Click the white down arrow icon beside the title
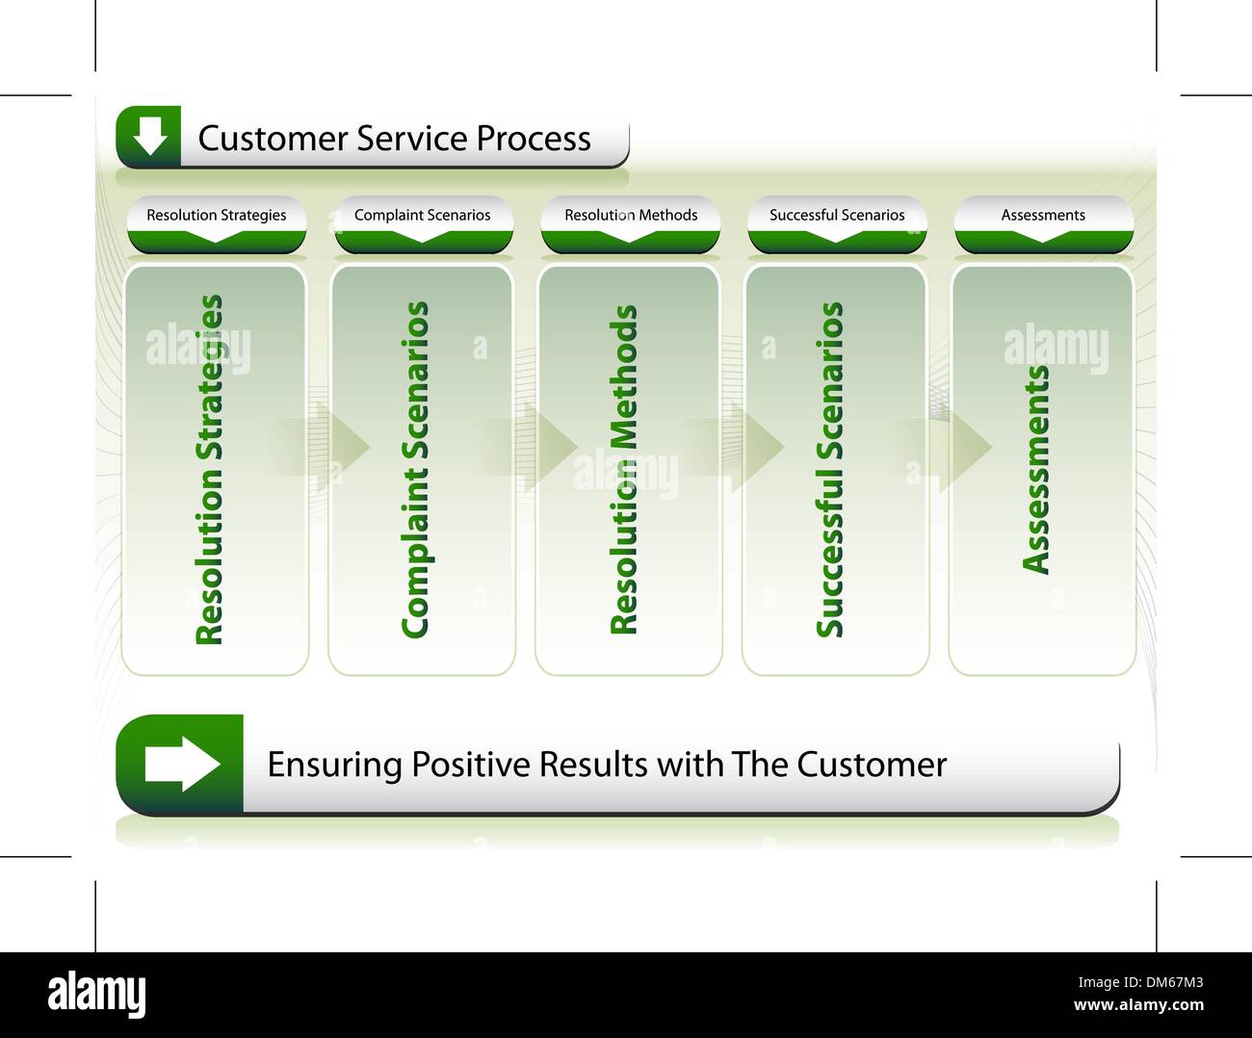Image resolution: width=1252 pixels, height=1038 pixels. (x=149, y=137)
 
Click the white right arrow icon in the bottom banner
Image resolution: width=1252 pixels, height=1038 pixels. (x=182, y=765)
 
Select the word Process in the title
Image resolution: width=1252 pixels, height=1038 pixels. (x=534, y=139)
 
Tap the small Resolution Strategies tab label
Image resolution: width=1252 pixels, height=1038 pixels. (x=216, y=215)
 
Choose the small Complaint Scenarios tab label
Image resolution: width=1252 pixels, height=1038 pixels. (x=422, y=215)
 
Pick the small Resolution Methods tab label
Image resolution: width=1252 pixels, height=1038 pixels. (x=631, y=215)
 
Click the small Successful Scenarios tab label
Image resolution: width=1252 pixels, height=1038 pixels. (x=837, y=215)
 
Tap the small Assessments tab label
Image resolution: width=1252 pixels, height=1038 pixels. (x=1043, y=215)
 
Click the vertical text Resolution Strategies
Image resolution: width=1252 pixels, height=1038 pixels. (x=209, y=470)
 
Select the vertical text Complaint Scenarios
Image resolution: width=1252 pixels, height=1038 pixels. (x=415, y=470)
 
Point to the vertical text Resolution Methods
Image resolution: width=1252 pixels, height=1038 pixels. (x=624, y=470)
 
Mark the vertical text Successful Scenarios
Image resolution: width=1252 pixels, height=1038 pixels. (x=829, y=470)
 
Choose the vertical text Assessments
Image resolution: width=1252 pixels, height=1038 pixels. (x=1036, y=470)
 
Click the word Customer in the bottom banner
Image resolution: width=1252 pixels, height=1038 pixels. (x=872, y=765)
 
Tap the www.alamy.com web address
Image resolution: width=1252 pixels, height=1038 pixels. (x=1137, y=1006)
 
